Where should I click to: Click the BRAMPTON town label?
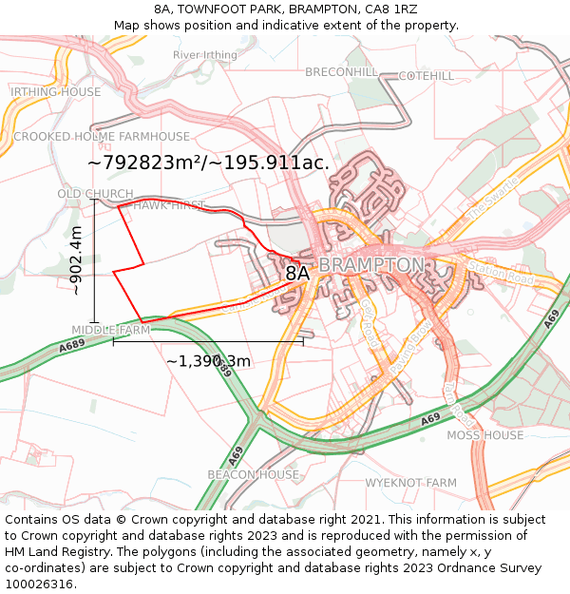[371, 264]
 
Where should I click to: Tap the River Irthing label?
[205, 55]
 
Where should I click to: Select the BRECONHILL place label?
[341, 72]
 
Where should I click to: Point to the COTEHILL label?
[426, 75]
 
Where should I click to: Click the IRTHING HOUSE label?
[55, 92]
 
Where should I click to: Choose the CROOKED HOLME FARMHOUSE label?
[102, 137]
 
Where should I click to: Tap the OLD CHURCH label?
[95, 194]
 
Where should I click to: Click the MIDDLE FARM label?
[111, 330]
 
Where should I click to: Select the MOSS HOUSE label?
[484, 435]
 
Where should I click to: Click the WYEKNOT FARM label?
[411, 483]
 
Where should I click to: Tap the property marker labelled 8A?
[297, 274]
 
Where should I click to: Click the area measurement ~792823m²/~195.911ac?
[208, 163]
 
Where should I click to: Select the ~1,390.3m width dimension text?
[208, 361]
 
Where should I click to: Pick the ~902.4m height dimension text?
[77, 260]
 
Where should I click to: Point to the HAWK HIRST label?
[168, 205]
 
